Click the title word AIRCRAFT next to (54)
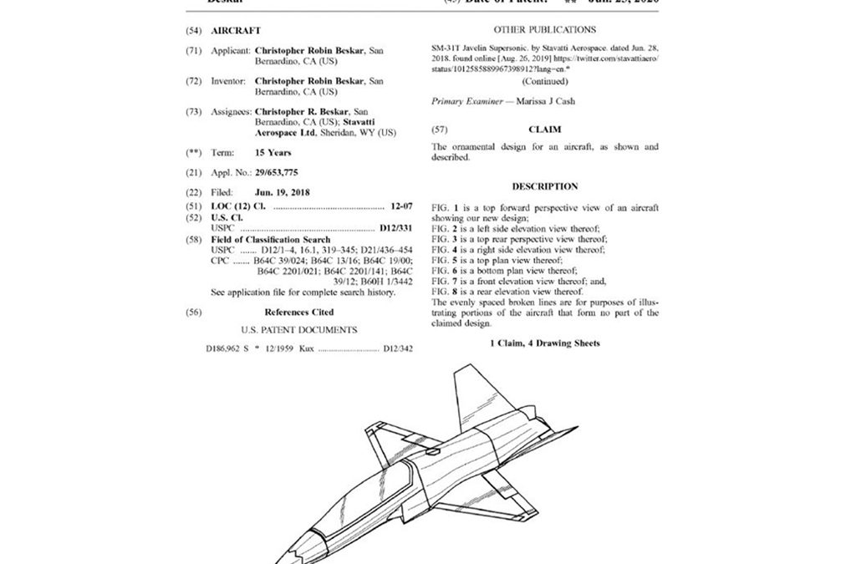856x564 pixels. (x=235, y=30)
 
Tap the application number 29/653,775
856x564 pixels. (x=278, y=172)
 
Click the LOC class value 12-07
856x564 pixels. (x=405, y=204)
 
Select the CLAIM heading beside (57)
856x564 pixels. (x=544, y=130)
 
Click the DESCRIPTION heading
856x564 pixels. (x=544, y=186)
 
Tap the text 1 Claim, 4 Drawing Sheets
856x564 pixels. (x=544, y=343)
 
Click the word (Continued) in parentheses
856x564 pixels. (x=544, y=81)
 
